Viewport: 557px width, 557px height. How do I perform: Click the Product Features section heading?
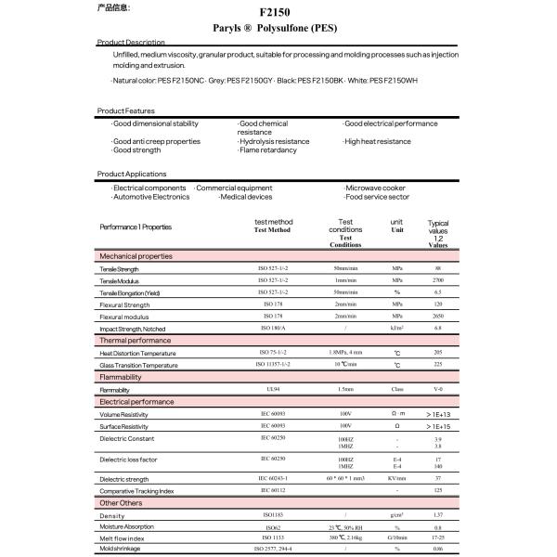tap(126, 110)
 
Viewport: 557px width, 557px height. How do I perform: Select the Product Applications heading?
tap(132, 174)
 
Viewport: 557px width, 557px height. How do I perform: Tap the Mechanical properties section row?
tap(136, 255)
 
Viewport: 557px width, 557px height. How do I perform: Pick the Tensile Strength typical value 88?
tap(437, 268)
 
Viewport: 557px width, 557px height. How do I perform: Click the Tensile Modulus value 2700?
tap(437, 279)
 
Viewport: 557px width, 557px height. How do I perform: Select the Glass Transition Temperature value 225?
tap(437, 366)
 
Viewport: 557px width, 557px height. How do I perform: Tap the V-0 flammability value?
tap(437, 390)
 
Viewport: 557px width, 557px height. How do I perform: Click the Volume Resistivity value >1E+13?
tap(438, 414)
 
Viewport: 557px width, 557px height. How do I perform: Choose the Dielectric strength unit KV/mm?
tap(397, 478)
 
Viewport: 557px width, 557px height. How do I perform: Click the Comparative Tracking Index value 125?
tap(437, 489)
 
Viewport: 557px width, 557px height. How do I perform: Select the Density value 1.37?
tap(437, 515)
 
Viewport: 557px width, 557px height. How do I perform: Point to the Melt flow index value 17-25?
tap(437, 538)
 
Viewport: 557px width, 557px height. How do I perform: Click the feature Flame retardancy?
tap(268, 149)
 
